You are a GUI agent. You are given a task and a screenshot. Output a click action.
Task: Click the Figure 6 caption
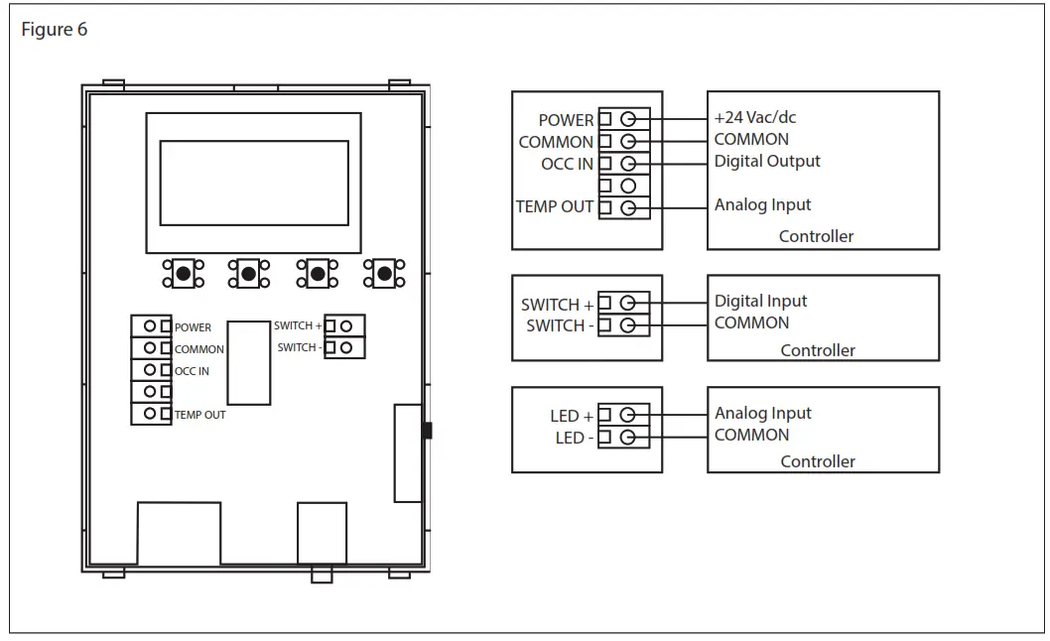pos(55,30)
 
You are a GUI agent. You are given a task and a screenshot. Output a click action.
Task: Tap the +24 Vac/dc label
pos(754,117)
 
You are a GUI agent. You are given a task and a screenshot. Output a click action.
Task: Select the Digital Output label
pos(767,161)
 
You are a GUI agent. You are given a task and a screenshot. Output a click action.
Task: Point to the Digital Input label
pos(760,301)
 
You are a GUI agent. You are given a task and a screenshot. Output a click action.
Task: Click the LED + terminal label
pos(572,416)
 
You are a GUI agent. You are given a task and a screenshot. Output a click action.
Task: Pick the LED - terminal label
pos(572,438)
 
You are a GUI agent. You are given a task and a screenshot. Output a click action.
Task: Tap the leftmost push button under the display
pos(183,273)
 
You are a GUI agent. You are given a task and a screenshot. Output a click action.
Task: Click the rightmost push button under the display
pos(384,273)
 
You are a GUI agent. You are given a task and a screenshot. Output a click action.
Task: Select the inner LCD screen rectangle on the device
pos(254,183)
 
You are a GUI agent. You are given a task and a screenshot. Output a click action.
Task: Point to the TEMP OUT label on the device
pos(199,415)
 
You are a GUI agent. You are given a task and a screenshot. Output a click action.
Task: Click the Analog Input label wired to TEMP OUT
pos(762,205)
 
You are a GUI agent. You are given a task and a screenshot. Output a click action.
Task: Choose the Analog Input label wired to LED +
pos(762,413)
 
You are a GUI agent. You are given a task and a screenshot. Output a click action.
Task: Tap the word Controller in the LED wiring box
pos(817,461)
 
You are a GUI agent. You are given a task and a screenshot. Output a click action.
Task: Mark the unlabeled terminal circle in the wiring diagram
pos(627,186)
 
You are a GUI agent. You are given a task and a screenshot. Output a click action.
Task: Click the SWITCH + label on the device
pos(298,325)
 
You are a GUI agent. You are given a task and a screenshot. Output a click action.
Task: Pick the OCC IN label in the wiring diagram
pos(567,164)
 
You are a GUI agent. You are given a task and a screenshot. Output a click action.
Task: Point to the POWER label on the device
pos(193,327)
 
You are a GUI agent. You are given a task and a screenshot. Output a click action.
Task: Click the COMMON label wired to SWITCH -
pos(751,322)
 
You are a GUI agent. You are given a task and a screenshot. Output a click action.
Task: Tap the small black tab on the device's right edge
pos(428,431)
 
